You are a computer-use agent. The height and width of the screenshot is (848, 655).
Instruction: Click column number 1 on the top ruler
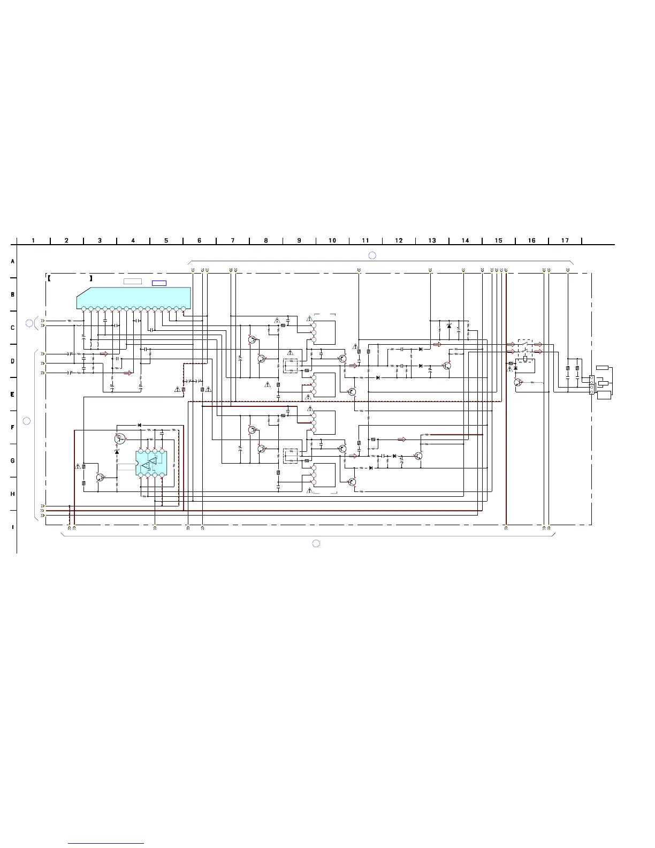click(33, 240)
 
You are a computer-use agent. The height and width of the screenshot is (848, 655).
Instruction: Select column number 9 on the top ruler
click(299, 240)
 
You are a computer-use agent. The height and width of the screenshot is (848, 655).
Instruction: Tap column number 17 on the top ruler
click(565, 240)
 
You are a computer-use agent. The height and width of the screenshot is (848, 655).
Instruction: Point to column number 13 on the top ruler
click(432, 240)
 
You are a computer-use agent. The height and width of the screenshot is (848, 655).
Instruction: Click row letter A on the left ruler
click(12, 261)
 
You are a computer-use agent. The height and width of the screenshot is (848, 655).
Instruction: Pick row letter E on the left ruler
click(12, 395)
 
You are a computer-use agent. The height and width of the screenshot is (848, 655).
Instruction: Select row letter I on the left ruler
click(12, 527)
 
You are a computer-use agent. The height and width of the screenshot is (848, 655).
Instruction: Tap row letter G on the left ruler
click(12, 461)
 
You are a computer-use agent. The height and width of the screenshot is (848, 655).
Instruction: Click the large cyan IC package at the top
click(133, 299)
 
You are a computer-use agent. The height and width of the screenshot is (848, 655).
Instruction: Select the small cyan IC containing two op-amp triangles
click(151, 463)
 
